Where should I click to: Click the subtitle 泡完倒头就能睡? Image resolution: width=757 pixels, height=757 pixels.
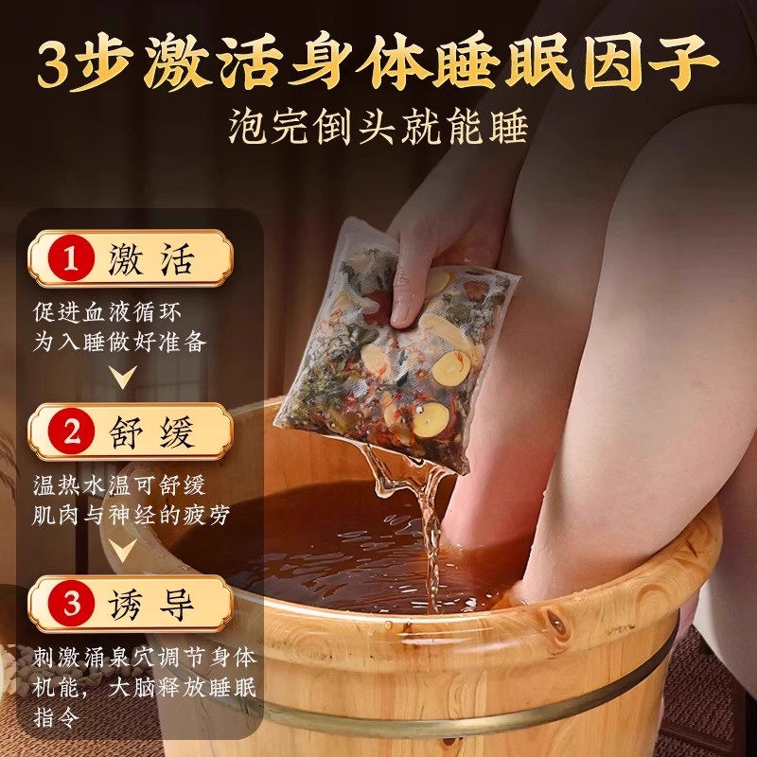378,126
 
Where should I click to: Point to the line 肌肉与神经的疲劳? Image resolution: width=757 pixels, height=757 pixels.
132,517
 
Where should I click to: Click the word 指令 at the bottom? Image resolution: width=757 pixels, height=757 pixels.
58,716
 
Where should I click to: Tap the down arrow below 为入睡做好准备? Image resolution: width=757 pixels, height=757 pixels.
121,377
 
